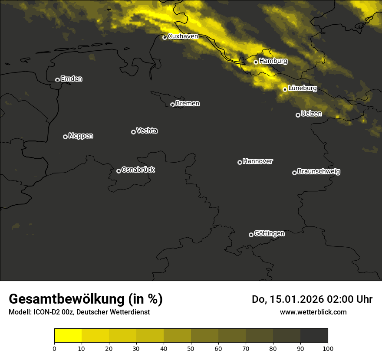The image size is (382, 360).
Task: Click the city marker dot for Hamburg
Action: click(x=256, y=62)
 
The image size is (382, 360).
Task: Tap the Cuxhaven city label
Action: click(x=183, y=36)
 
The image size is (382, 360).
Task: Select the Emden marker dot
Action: click(x=57, y=80)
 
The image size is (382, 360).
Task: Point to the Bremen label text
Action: click(x=188, y=104)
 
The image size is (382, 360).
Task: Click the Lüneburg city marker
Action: click(x=285, y=89)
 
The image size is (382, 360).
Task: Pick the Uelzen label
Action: click(x=311, y=114)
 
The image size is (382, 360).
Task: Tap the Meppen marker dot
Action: click(x=65, y=137)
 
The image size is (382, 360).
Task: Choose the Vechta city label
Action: click(x=147, y=131)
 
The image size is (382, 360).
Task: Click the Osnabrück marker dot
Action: click(x=119, y=171)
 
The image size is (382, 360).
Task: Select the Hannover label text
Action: click(x=258, y=161)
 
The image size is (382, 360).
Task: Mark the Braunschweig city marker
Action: click(x=294, y=173)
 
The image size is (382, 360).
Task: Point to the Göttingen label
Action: click(x=269, y=233)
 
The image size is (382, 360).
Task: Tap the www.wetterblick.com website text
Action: click(x=313, y=312)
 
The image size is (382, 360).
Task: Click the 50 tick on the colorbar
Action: click(x=191, y=348)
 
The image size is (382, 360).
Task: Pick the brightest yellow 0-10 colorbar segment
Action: click(x=68, y=336)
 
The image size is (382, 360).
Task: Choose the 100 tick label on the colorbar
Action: click(x=328, y=348)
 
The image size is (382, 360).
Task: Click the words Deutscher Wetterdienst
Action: click(x=113, y=312)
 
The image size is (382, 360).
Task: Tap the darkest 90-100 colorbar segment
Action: click(x=314, y=336)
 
